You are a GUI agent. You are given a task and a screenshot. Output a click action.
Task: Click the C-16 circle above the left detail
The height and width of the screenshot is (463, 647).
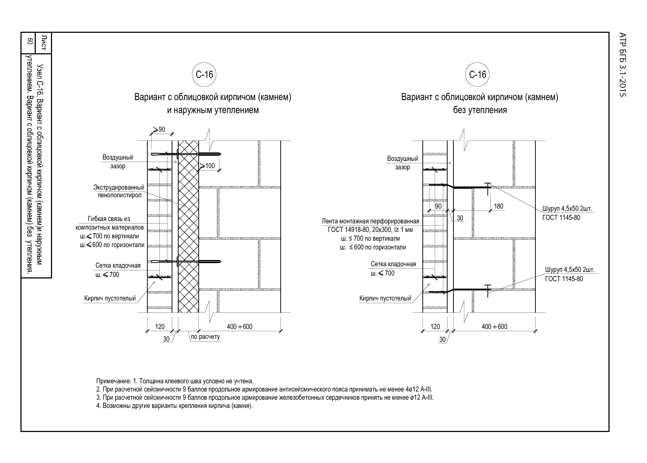click(x=204, y=75)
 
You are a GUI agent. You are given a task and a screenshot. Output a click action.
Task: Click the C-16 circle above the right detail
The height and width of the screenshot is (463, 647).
click(x=477, y=75)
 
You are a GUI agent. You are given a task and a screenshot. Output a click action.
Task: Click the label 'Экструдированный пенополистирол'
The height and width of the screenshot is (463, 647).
click(x=119, y=191)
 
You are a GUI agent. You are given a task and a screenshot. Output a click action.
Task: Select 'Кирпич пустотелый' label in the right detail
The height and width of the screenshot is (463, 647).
click(x=385, y=298)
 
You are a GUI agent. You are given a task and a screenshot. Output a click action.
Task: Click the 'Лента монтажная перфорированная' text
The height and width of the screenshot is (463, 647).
click(x=370, y=221)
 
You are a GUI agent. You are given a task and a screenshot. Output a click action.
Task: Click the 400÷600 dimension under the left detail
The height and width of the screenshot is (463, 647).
click(x=239, y=327)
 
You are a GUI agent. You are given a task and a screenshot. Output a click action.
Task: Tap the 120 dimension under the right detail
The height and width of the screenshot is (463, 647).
click(x=435, y=327)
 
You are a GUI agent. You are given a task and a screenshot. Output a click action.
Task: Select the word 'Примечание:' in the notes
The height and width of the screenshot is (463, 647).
click(x=114, y=381)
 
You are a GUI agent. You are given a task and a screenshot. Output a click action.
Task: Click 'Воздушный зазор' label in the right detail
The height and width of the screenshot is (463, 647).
click(x=402, y=163)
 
